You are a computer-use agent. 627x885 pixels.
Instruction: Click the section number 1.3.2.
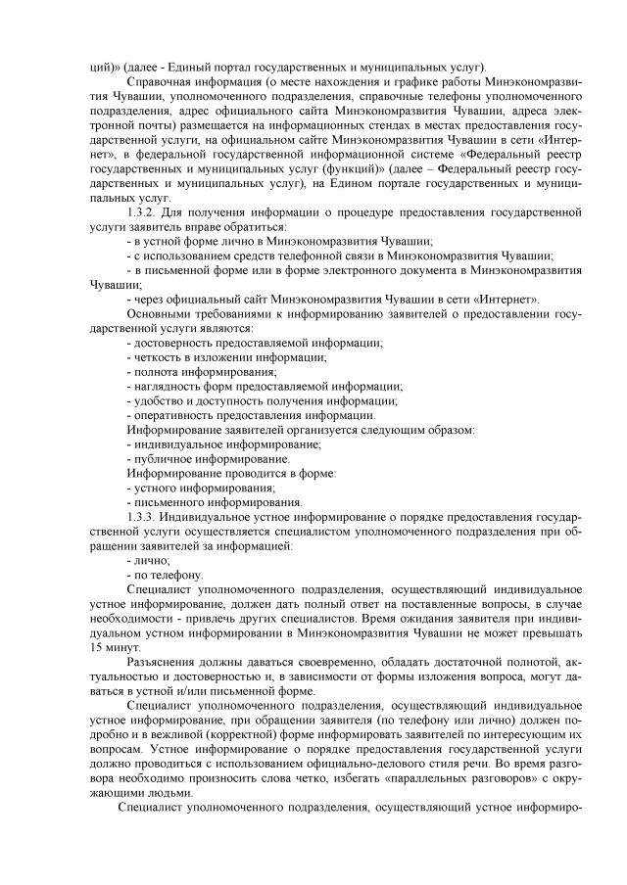click(x=144, y=211)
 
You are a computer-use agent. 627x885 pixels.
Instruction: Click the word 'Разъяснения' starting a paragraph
click(x=164, y=663)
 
